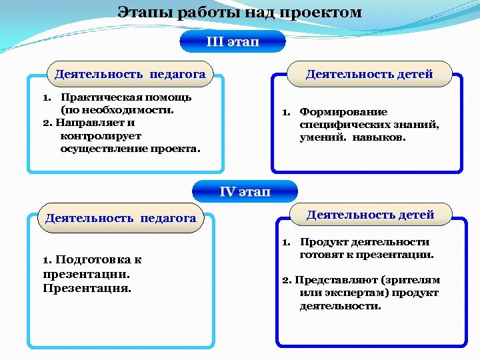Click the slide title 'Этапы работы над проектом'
[240, 13]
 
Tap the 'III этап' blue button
[233, 41]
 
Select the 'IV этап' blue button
[245, 192]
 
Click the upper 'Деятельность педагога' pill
[129, 74]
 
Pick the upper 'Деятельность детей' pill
[369, 74]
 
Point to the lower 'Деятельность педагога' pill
[120, 218]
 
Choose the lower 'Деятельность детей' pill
[370, 215]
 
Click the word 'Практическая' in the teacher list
[93, 97]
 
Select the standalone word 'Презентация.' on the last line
[87, 289]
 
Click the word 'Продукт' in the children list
[321, 242]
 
